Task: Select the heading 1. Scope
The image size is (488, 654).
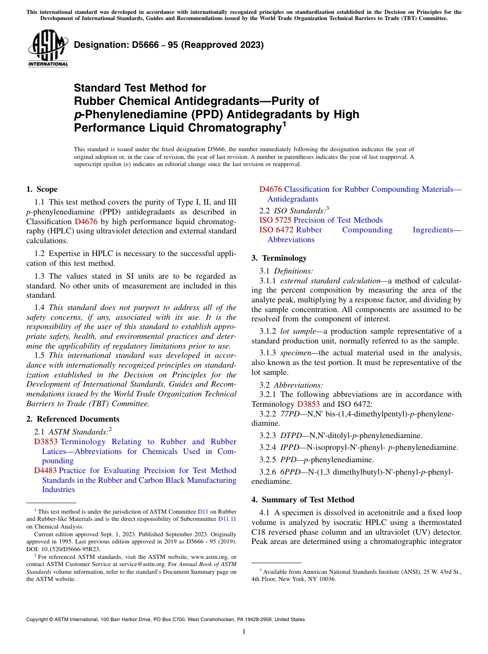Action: click(x=42, y=189)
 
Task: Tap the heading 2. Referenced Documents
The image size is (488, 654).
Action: click(x=73, y=419)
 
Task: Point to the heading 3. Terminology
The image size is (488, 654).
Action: click(x=279, y=258)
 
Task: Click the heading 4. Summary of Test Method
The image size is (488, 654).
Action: click(x=303, y=499)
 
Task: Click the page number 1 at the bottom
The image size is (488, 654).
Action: click(x=244, y=631)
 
